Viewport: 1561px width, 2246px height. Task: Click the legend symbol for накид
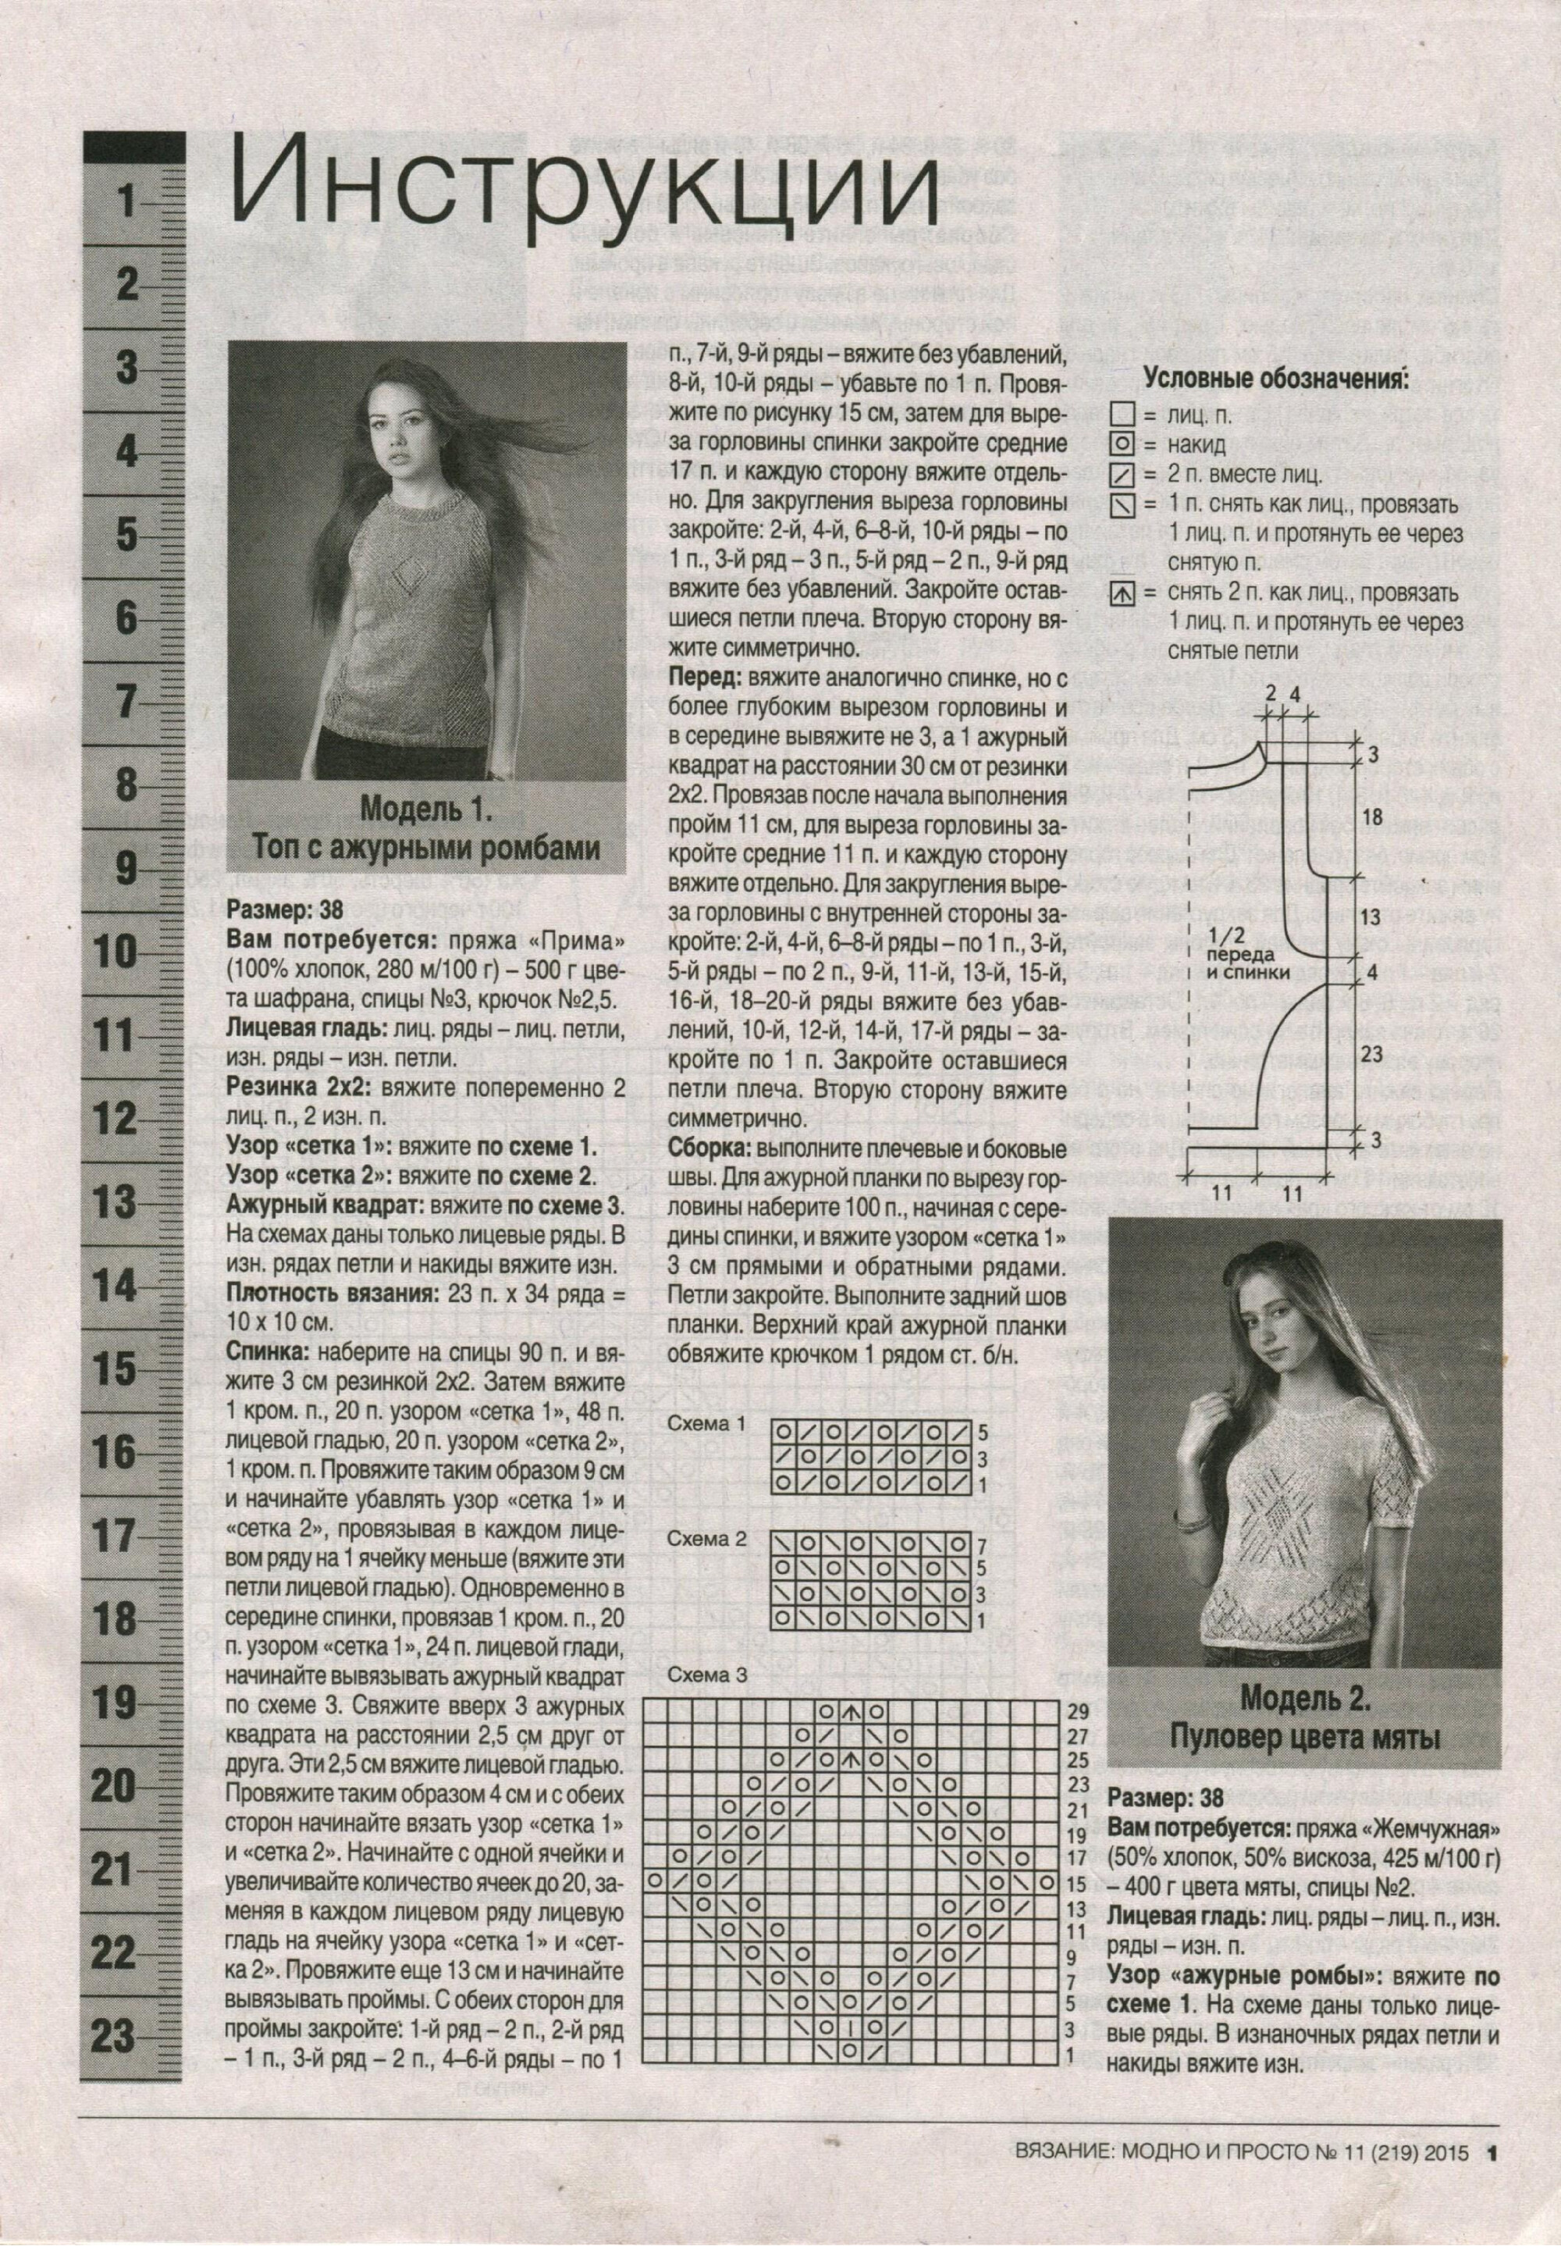(1123, 445)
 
